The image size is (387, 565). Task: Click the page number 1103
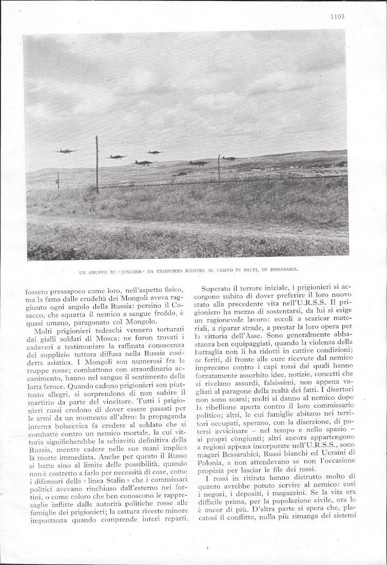coord(337,16)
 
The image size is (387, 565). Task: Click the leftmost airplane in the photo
coord(66,152)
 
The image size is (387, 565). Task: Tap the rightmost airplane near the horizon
coord(229,158)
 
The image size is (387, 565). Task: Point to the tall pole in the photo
coord(97,163)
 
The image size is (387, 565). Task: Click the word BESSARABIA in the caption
coord(281,269)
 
